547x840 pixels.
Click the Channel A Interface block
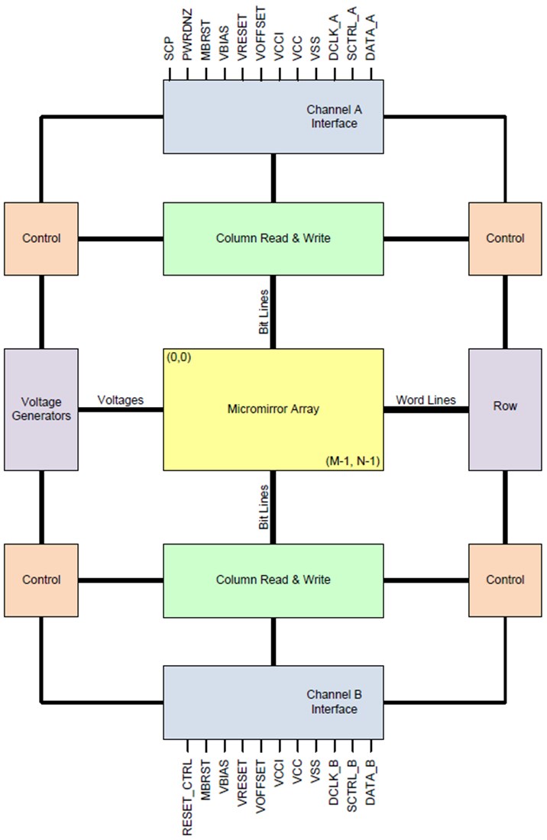tap(273, 117)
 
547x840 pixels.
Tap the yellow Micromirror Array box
tap(273, 409)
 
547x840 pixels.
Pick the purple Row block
tap(505, 406)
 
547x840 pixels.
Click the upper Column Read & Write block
tap(273, 238)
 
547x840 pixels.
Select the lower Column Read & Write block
tap(273, 580)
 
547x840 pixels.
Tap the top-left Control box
tap(41, 238)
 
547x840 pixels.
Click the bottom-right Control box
tap(505, 580)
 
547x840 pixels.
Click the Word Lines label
tap(426, 399)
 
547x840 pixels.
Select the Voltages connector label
tap(119, 399)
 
